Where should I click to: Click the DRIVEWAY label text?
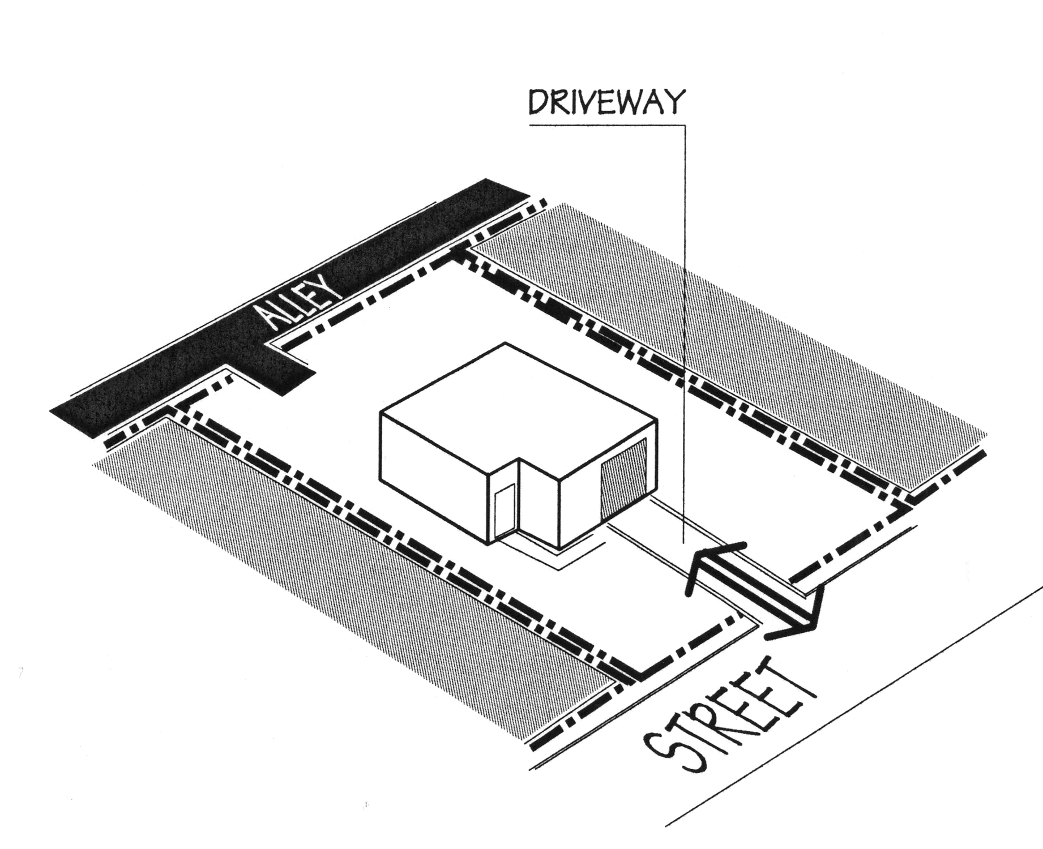606,103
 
